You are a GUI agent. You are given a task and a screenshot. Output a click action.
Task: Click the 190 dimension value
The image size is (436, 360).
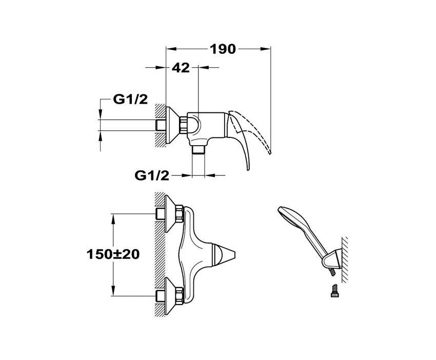coord(223,49)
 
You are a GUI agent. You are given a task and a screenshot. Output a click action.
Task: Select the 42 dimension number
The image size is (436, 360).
coord(181,68)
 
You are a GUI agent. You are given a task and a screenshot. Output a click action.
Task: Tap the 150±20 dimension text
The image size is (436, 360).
coord(113,254)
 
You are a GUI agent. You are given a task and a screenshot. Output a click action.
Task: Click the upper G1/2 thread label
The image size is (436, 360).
coord(130,99)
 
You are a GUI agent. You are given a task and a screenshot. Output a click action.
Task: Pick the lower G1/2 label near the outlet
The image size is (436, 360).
coord(152,175)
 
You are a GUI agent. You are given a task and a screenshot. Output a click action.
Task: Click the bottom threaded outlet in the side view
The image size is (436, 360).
coord(199,150)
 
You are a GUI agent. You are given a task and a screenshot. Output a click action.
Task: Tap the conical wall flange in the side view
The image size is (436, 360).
coord(172,125)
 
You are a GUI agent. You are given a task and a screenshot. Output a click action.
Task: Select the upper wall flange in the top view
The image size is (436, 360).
coord(170,213)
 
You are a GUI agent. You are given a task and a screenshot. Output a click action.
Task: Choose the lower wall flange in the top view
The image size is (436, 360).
coord(170,295)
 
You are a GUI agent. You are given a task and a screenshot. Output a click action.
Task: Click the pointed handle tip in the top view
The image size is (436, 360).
coord(234,254)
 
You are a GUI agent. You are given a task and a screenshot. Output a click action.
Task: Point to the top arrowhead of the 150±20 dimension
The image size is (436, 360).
coord(113,219)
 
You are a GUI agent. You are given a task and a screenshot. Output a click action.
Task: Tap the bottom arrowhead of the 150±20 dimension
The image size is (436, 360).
coord(113,291)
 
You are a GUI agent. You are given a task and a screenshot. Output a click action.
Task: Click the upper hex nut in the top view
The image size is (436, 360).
coord(180,213)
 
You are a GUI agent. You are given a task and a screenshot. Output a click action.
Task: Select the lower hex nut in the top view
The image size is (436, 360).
coord(180,295)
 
